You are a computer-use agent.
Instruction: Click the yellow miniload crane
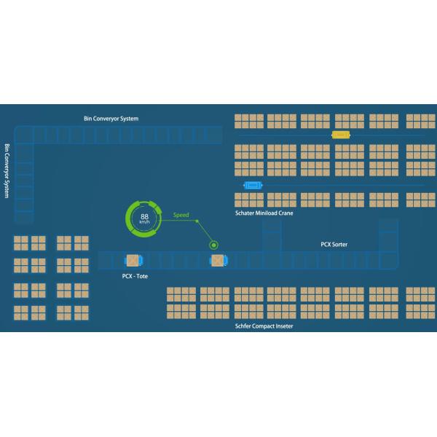340,135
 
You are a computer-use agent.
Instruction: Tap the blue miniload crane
253,185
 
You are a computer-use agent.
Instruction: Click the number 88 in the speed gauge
145,216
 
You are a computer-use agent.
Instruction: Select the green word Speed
181,216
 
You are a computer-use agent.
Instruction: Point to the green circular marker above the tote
213,245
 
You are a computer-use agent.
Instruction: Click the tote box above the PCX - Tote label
133,261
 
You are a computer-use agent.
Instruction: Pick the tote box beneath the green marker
217,261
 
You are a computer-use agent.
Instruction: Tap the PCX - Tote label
135,277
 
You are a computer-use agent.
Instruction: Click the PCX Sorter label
334,245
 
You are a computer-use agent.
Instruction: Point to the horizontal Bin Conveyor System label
111,118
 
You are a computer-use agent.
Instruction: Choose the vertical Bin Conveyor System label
7,172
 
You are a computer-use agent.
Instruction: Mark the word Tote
142,277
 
